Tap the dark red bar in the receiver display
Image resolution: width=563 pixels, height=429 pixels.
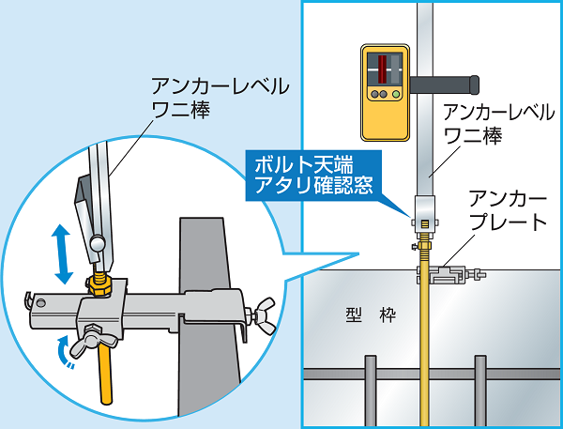tap(384, 69)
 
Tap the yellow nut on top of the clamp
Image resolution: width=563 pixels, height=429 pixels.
tap(98, 282)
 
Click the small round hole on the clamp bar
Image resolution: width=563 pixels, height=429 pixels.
tap(40, 302)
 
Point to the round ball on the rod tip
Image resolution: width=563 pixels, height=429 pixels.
tap(98, 243)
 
